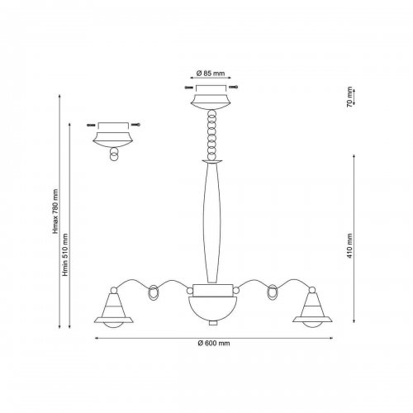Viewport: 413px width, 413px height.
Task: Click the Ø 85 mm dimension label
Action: (x=211, y=74)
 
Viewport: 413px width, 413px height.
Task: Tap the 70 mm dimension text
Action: (x=349, y=97)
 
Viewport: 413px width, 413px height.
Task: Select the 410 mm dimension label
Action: (x=349, y=246)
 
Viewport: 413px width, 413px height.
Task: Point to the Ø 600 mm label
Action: (x=214, y=343)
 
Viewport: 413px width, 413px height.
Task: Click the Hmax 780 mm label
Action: (x=56, y=211)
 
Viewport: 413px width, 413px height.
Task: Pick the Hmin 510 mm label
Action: (x=65, y=254)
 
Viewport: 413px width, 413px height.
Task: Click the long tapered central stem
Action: (x=211, y=222)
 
